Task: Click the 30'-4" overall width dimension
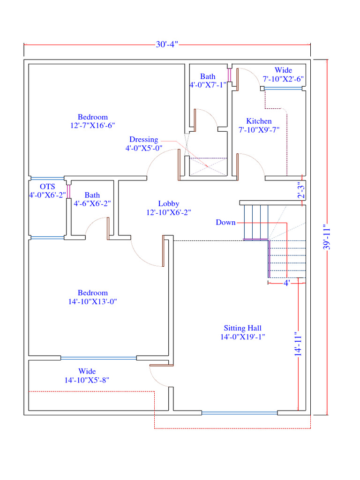click(167, 45)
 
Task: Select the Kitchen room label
click(259, 121)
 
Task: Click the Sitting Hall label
click(242, 328)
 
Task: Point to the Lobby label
click(169, 203)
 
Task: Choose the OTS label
click(47, 187)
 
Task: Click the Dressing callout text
click(144, 140)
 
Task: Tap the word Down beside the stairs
click(225, 222)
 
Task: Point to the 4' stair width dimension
click(286, 283)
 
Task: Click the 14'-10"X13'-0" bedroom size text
click(92, 302)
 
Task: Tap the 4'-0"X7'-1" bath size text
click(208, 85)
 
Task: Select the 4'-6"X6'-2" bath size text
click(92, 204)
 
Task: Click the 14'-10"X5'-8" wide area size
click(87, 381)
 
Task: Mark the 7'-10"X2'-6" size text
click(283, 79)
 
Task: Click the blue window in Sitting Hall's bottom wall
click(240, 413)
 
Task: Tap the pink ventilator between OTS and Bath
click(69, 192)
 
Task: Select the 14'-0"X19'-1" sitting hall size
click(242, 337)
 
